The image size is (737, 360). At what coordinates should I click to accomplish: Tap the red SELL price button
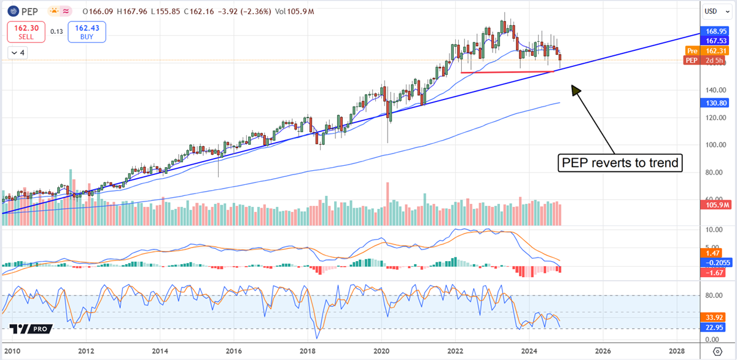[26, 31]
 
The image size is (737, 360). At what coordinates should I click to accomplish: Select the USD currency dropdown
[712, 10]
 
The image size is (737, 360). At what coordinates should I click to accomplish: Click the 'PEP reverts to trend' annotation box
[619, 163]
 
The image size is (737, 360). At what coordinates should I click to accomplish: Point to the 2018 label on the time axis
[307, 351]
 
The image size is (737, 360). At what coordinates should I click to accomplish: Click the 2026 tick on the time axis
[602, 351]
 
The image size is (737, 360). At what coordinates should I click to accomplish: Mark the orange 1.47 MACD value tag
[712, 252]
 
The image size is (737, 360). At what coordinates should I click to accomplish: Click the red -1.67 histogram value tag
[714, 272]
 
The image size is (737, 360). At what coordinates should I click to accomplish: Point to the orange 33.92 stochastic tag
[714, 318]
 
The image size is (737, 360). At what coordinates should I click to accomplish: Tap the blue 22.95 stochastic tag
[714, 328]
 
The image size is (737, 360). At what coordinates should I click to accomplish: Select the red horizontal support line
[507, 72]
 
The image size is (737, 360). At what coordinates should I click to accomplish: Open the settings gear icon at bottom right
[717, 351]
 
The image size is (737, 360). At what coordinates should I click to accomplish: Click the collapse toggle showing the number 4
[18, 53]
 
